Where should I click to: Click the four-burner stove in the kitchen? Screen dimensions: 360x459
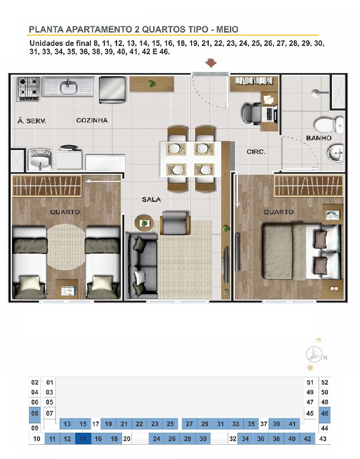(29, 89)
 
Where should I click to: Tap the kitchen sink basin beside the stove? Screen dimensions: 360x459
(69, 87)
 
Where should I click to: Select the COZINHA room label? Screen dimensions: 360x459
(92, 120)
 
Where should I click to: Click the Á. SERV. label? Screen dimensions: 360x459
(32, 121)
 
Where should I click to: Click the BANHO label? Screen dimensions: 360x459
(319, 138)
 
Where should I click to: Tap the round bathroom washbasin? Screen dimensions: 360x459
(335, 153)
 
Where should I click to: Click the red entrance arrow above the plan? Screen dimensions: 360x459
(211, 63)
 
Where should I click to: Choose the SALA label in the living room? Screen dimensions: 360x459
(151, 200)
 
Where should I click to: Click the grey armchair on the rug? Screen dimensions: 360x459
(175, 223)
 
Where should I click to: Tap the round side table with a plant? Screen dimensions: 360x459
(144, 223)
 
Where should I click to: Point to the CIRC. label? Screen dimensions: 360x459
(256, 152)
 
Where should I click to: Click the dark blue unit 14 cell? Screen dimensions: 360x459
(83, 439)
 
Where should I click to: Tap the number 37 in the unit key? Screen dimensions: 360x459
(264, 424)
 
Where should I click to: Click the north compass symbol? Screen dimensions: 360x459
(315, 354)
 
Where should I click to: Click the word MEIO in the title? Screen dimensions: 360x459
(227, 29)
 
